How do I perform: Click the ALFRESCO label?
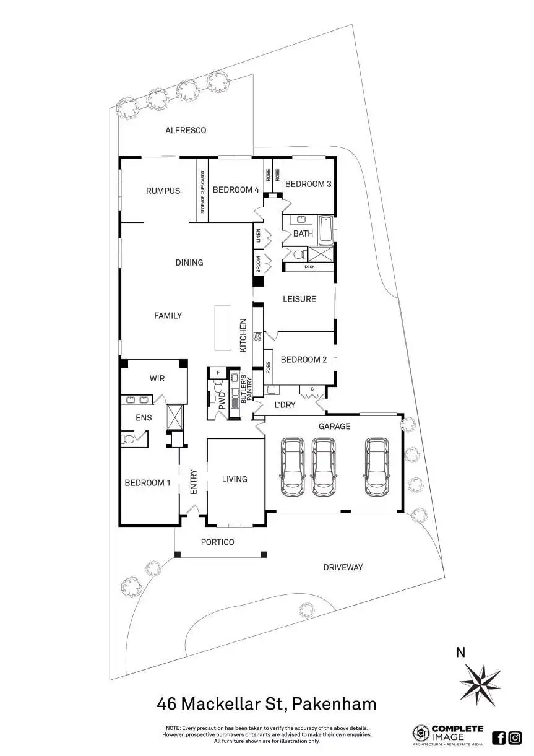186,131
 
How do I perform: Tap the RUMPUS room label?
163,191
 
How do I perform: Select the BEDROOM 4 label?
236,190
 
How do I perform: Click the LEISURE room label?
299,299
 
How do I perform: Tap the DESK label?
309,267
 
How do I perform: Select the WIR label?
157,378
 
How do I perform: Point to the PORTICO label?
218,542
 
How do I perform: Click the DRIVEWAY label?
343,567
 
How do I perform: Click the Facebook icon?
499,737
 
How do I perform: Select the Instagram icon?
515,737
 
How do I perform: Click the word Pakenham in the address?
334,704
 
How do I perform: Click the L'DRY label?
285,406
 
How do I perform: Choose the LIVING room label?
235,479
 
